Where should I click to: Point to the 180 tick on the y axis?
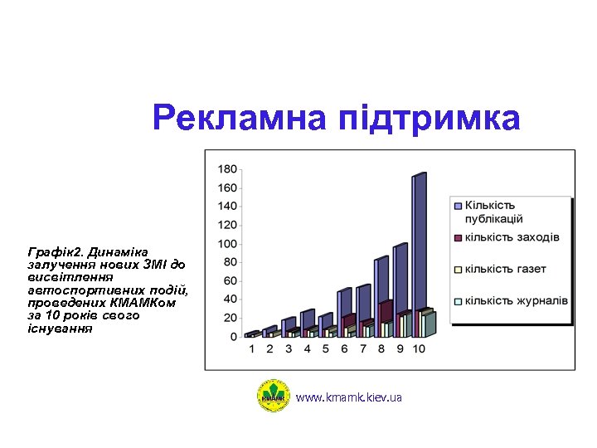point(227,168)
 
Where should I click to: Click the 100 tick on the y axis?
point(227,244)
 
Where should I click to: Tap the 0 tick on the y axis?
point(234,337)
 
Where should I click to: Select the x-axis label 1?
point(252,349)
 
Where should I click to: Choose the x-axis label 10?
point(419,349)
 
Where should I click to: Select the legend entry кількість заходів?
point(511,237)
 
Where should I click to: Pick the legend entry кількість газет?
point(504,269)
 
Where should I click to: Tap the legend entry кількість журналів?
point(515,299)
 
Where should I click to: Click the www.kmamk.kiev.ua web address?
point(349,398)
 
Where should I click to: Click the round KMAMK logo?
point(274,396)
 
